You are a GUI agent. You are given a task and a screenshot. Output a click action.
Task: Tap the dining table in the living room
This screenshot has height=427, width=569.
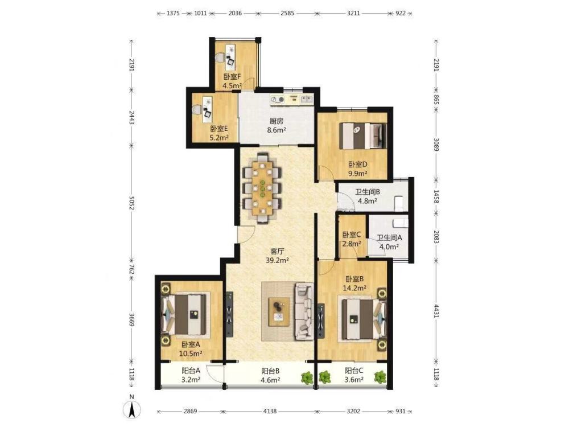click(x=263, y=188)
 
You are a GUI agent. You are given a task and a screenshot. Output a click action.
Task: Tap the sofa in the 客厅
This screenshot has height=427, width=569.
click(x=304, y=312)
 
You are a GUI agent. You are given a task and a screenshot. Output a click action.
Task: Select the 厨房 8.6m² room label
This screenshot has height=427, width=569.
click(x=276, y=126)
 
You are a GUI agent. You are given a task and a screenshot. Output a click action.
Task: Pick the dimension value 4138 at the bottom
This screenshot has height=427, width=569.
click(x=270, y=412)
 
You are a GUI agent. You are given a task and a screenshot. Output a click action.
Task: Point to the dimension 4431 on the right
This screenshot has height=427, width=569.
click(x=436, y=311)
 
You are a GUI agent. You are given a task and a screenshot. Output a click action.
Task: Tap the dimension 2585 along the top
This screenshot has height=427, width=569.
click(x=287, y=14)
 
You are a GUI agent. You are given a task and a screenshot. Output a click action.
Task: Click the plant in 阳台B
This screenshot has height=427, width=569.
click(x=307, y=377)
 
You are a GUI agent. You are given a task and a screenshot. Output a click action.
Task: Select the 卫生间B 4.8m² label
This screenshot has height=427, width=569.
click(x=367, y=196)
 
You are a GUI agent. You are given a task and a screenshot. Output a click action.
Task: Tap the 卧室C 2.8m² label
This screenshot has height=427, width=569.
click(x=352, y=239)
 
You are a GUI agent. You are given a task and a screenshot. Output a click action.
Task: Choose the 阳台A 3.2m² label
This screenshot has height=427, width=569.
click(x=191, y=375)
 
